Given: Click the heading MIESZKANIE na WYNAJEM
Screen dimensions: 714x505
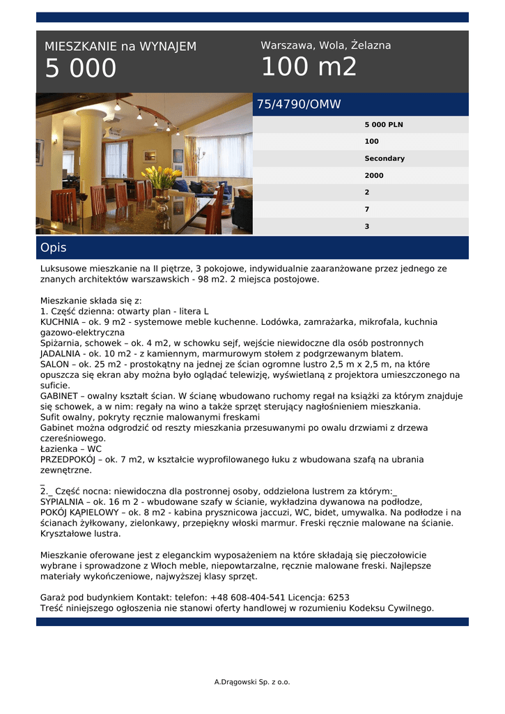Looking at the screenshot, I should click(121, 47).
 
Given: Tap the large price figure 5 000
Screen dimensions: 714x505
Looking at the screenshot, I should click(81, 69).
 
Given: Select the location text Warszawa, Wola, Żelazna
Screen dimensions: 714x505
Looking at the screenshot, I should click(325, 45).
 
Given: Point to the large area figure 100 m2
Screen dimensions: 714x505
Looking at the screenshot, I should click(309, 67).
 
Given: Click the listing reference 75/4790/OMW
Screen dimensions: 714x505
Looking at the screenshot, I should click(299, 105).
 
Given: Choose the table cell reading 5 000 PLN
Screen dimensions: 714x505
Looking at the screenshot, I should click(383, 125).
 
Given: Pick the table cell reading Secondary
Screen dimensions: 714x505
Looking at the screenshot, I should click(384, 158).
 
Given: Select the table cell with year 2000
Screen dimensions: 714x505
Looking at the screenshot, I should click(373, 176).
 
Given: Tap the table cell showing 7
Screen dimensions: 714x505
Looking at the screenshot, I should click(367, 209).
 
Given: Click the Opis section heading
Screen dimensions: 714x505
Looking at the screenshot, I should click(54, 248).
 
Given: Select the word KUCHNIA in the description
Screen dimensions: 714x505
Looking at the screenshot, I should click(59, 322).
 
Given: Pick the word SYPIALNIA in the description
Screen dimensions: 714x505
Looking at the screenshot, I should click(63, 501).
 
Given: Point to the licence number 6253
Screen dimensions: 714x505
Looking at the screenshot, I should click(338, 598).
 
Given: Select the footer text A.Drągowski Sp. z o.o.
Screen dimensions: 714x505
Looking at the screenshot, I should click(252, 681).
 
